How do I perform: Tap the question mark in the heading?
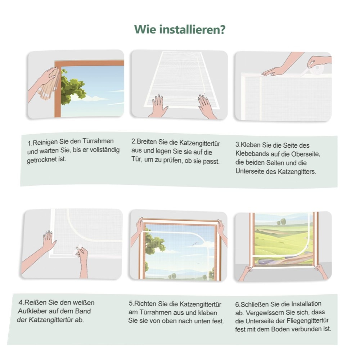[222, 30]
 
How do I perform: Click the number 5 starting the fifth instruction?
[130, 303]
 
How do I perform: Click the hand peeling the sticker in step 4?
[82, 260]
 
